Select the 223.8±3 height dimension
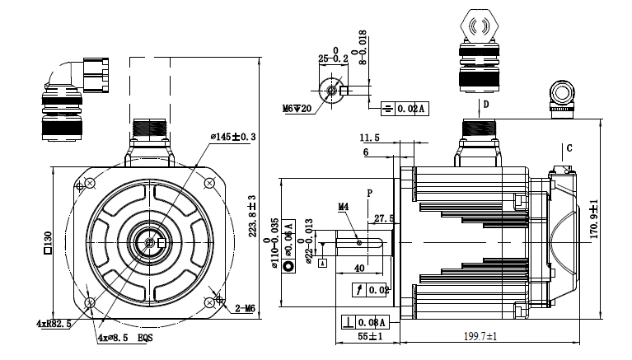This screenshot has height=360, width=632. (x=253, y=215)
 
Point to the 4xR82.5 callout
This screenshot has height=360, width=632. (x=54, y=325)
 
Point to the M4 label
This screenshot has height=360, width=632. (x=344, y=207)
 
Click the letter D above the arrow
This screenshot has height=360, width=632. (x=486, y=105)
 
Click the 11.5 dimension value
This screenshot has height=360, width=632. (x=369, y=138)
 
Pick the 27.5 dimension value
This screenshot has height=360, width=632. (x=384, y=218)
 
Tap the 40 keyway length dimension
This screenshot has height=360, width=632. (x=359, y=268)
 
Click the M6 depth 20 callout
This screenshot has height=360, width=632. (x=298, y=108)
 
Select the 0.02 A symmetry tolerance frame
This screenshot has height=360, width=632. (x=405, y=109)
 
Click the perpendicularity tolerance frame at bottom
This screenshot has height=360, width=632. (x=363, y=322)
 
